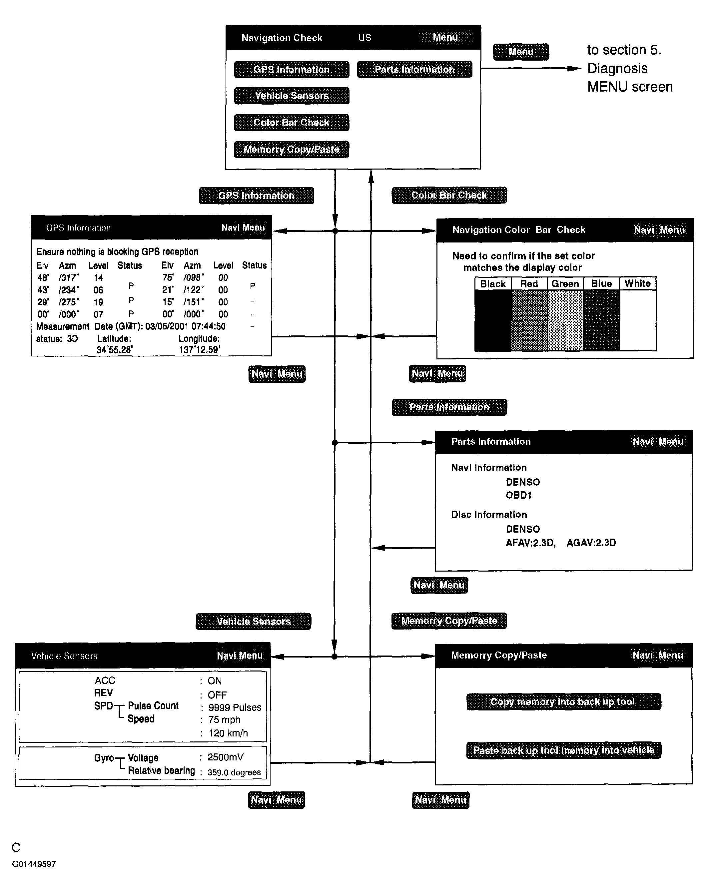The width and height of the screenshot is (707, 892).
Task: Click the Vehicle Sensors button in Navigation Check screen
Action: [x=292, y=96]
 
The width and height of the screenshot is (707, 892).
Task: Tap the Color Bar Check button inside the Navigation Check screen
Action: [x=292, y=123]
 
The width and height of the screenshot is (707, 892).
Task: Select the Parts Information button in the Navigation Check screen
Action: [x=414, y=70]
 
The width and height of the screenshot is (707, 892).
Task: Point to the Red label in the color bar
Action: [x=529, y=284]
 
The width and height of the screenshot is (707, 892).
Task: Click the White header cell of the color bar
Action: [x=637, y=284]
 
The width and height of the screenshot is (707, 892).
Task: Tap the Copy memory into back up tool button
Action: [x=563, y=702]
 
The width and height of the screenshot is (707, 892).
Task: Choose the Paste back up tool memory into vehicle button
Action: [x=564, y=750]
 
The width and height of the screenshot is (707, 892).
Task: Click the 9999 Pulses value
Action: [x=235, y=707]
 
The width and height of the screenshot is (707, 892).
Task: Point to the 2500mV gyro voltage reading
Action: [x=225, y=757]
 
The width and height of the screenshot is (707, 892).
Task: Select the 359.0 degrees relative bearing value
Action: [x=234, y=772]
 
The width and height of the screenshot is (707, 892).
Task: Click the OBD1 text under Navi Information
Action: [x=518, y=495]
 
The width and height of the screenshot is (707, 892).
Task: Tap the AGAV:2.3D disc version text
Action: [x=591, y=543]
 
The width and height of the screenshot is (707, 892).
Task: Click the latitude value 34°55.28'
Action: [x=115, y=350]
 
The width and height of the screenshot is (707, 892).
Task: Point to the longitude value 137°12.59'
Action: [x=200, y=350]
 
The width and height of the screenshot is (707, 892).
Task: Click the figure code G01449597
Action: [x=34, y=864]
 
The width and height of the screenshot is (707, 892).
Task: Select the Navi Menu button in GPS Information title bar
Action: [x=243, y=228]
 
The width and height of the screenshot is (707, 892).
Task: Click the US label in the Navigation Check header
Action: [x=365, y=38]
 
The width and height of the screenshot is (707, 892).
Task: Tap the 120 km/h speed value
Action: [x=228, y=733]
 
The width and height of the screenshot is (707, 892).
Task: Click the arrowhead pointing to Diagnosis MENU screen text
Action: [x=574, y=69]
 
